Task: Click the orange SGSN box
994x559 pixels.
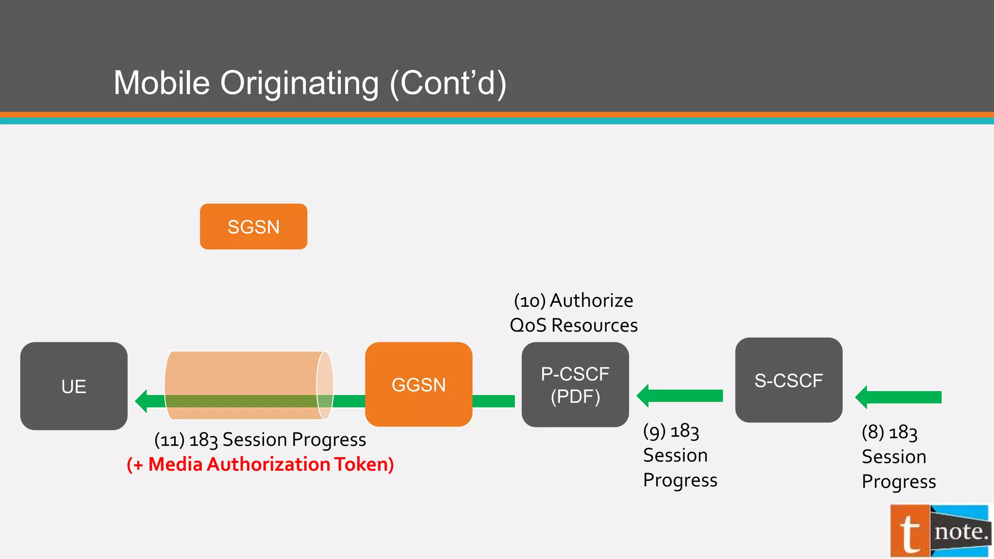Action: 253,227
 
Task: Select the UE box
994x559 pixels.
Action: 74,386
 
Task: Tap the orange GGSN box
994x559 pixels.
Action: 418,384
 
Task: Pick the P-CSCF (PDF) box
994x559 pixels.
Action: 575,385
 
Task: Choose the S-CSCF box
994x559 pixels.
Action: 789,380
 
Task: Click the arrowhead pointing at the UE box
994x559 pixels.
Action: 142,401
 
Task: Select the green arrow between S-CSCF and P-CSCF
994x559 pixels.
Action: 680,396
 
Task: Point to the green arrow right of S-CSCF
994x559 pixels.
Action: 899,397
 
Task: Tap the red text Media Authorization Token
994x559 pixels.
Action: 260,464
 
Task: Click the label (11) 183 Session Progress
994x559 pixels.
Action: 260,440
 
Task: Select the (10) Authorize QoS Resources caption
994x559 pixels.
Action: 574,313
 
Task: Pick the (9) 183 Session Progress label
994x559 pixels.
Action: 679,455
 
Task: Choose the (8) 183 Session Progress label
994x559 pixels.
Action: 898,457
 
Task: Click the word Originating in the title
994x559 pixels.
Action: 299,83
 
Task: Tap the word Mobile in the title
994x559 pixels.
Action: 162,83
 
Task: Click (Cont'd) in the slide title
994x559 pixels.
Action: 448,83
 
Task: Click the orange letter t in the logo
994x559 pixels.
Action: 910,532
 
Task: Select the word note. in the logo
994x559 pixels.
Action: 961,532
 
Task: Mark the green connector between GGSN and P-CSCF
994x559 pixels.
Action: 494,401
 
